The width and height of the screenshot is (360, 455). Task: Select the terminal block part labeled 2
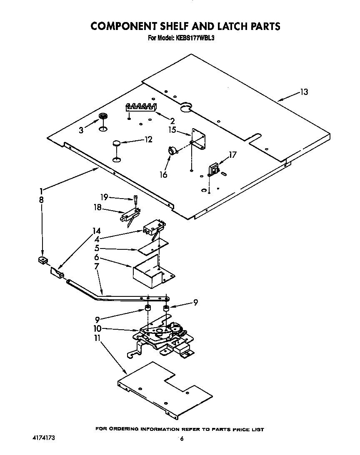(141, 107)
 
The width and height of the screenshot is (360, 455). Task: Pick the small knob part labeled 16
(171, 151)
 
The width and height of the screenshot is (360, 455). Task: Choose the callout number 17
(232, 155)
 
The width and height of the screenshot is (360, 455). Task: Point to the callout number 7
(96, 266)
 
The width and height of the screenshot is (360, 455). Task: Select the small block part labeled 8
(42, 261)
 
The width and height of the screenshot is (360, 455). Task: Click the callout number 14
(96, 230)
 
